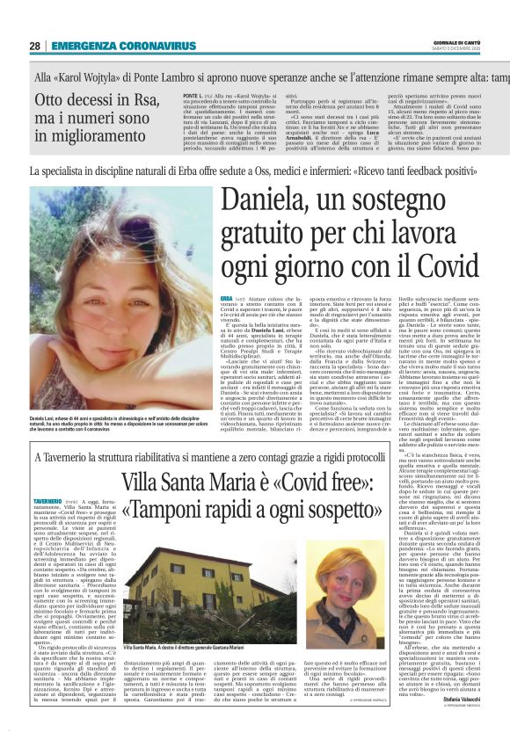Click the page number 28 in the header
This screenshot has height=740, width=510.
(35, 46)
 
